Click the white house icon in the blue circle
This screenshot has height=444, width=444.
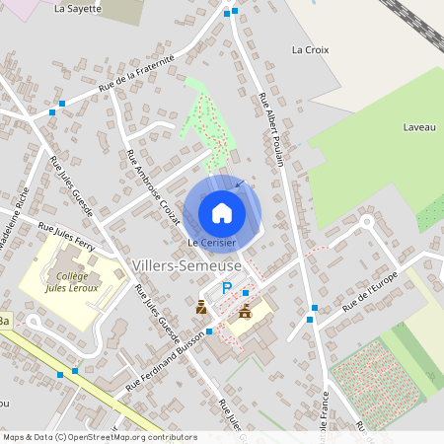click(222, 212)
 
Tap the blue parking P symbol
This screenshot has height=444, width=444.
click(227, 288)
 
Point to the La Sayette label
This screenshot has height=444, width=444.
click(78, 8)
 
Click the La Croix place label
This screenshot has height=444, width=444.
click(310, 48)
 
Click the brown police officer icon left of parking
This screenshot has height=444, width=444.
click(202, 308)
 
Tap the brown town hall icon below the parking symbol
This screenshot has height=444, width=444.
click(245, 311)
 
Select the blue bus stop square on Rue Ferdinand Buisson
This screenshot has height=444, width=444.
click(209, 332)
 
